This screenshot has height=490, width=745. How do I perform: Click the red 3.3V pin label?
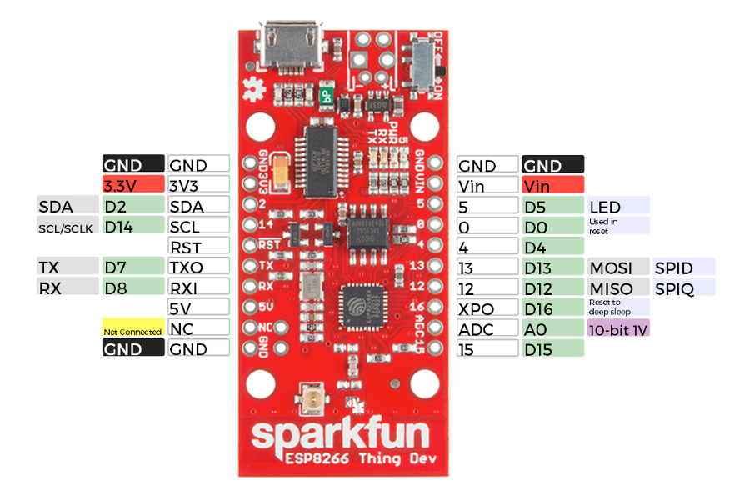132,185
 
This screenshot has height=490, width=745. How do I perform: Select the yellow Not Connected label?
132,330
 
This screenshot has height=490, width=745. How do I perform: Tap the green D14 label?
132,225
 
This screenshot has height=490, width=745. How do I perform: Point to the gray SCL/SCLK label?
66,226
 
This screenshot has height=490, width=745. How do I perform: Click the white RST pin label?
198,246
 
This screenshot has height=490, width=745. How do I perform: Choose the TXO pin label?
198,267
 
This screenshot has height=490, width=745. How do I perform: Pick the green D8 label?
132,287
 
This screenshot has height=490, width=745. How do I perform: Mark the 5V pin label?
198,307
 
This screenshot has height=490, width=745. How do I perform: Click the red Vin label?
552,185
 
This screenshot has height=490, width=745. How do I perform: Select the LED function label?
618,206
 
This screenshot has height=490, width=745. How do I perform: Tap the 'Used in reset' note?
618,226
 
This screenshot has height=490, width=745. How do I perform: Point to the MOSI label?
618,267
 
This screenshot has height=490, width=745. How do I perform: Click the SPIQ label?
684,287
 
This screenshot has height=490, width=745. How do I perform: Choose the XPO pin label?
487,308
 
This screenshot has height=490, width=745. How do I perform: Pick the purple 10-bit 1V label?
618,329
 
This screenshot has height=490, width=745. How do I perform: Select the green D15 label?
552,349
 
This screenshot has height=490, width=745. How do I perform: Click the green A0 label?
552,329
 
